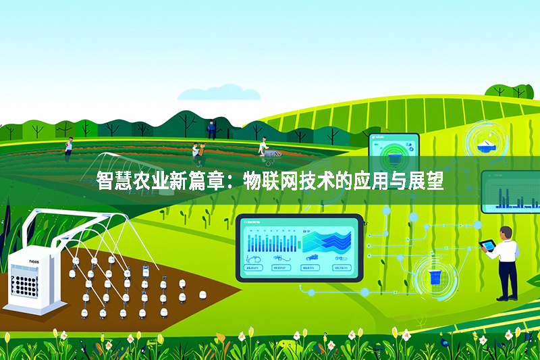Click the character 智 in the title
(105, 181)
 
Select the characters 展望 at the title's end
(427, 181)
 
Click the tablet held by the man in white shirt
(487, 245)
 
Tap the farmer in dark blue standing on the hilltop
(211, 130)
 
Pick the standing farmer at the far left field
(68, 145)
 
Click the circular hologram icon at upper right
(486, 143)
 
